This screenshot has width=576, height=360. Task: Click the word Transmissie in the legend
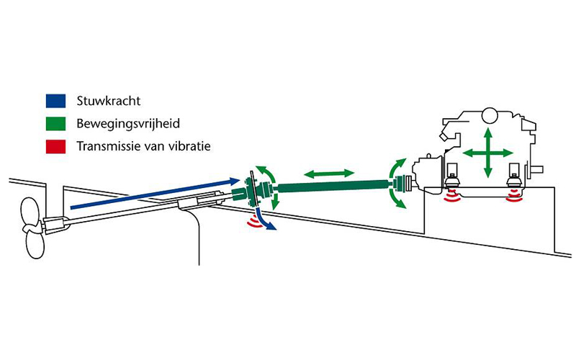[104, 148]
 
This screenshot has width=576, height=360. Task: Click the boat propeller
[32, 226]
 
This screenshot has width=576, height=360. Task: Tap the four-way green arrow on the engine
[487, 153]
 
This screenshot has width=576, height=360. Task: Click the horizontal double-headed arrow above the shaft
[328, 174]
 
